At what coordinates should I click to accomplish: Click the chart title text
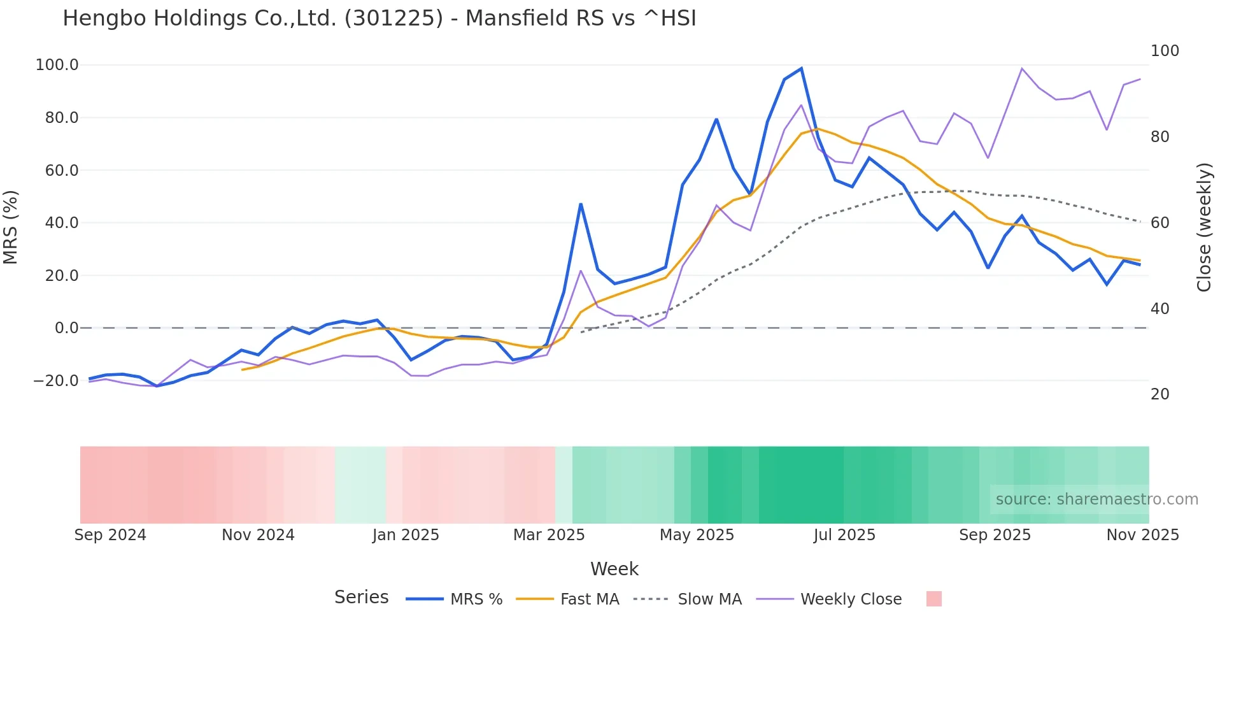[379, 18]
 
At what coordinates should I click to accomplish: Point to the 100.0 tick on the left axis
[57, 65]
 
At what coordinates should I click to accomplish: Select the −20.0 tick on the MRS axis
[56, 381]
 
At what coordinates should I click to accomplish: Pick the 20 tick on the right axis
[1159, 394]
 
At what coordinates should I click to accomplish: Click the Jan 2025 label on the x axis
[406, 535]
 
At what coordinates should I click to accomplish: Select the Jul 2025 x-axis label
[844, 535]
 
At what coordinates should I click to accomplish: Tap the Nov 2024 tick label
[258, 535]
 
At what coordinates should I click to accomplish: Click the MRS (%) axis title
[11, 227]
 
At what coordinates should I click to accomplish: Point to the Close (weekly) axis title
[1203, 227]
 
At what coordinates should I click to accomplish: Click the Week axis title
[614, 569]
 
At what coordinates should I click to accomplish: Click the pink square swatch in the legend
[933, 599]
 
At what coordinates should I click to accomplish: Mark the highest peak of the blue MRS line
[801, 68]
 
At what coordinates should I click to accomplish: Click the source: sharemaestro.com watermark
[1096, 499]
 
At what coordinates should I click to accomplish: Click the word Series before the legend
[361, 598]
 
